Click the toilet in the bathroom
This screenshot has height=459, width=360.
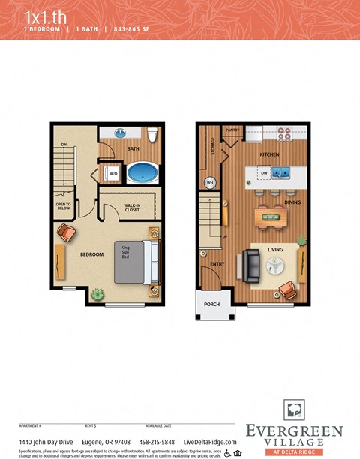click(151, 135)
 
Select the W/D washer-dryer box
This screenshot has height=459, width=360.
click(114, 173)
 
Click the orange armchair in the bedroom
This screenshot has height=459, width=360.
click(66, 233)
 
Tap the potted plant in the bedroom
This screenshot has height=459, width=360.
click(97, 295)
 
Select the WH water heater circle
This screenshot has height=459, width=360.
click(211, 182)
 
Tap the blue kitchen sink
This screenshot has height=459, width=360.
click(281, 174)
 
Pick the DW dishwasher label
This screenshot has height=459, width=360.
click(264, 173)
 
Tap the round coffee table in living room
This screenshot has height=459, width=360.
click(274, 265)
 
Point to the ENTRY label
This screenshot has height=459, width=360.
click(217, 263)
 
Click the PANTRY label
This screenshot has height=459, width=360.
click(232, 130)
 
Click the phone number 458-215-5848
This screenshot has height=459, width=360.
click(157, 442)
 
